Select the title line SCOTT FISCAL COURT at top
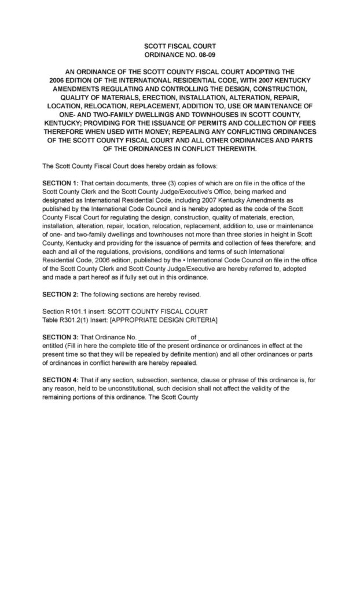pyautogui.click(x=179, y=45)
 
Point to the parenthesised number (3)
pyautogui.click(x=157, y=183)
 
